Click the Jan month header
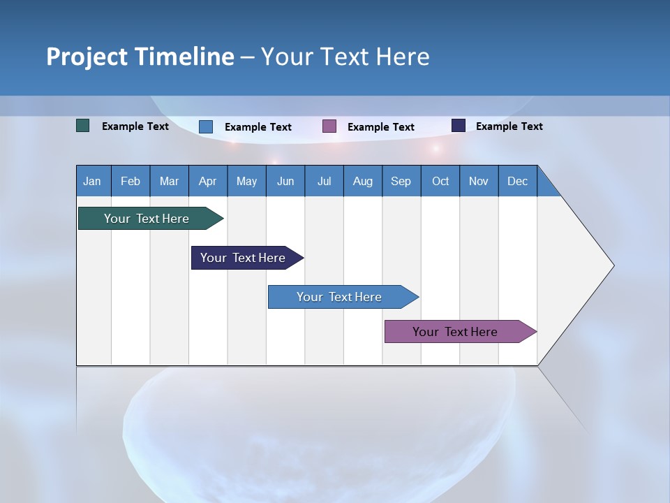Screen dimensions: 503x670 click(x=93, y=181)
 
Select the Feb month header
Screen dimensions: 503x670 click(x=131, y=181)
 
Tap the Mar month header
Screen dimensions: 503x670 click(x=169, y=181)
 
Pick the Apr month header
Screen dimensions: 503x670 click(x=208, y=181)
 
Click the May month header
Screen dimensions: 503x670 click(x=246, y=181)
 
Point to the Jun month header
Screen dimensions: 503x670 click(x=285, y=181)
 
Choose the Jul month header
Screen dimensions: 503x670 click(x=324, y=181)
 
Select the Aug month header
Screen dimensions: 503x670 click(x=363, y=181)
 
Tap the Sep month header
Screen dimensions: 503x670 click(x=401, y=181)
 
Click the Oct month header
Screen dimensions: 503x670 click(x=440, y=181)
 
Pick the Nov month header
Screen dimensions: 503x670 click(x=479, y=181)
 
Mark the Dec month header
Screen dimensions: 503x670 click(x=518, y=181)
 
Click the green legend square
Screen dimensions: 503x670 click(x=83, y=126)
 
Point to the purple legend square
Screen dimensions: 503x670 click(x=329, y=126)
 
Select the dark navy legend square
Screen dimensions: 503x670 click(x=459, y=126)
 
